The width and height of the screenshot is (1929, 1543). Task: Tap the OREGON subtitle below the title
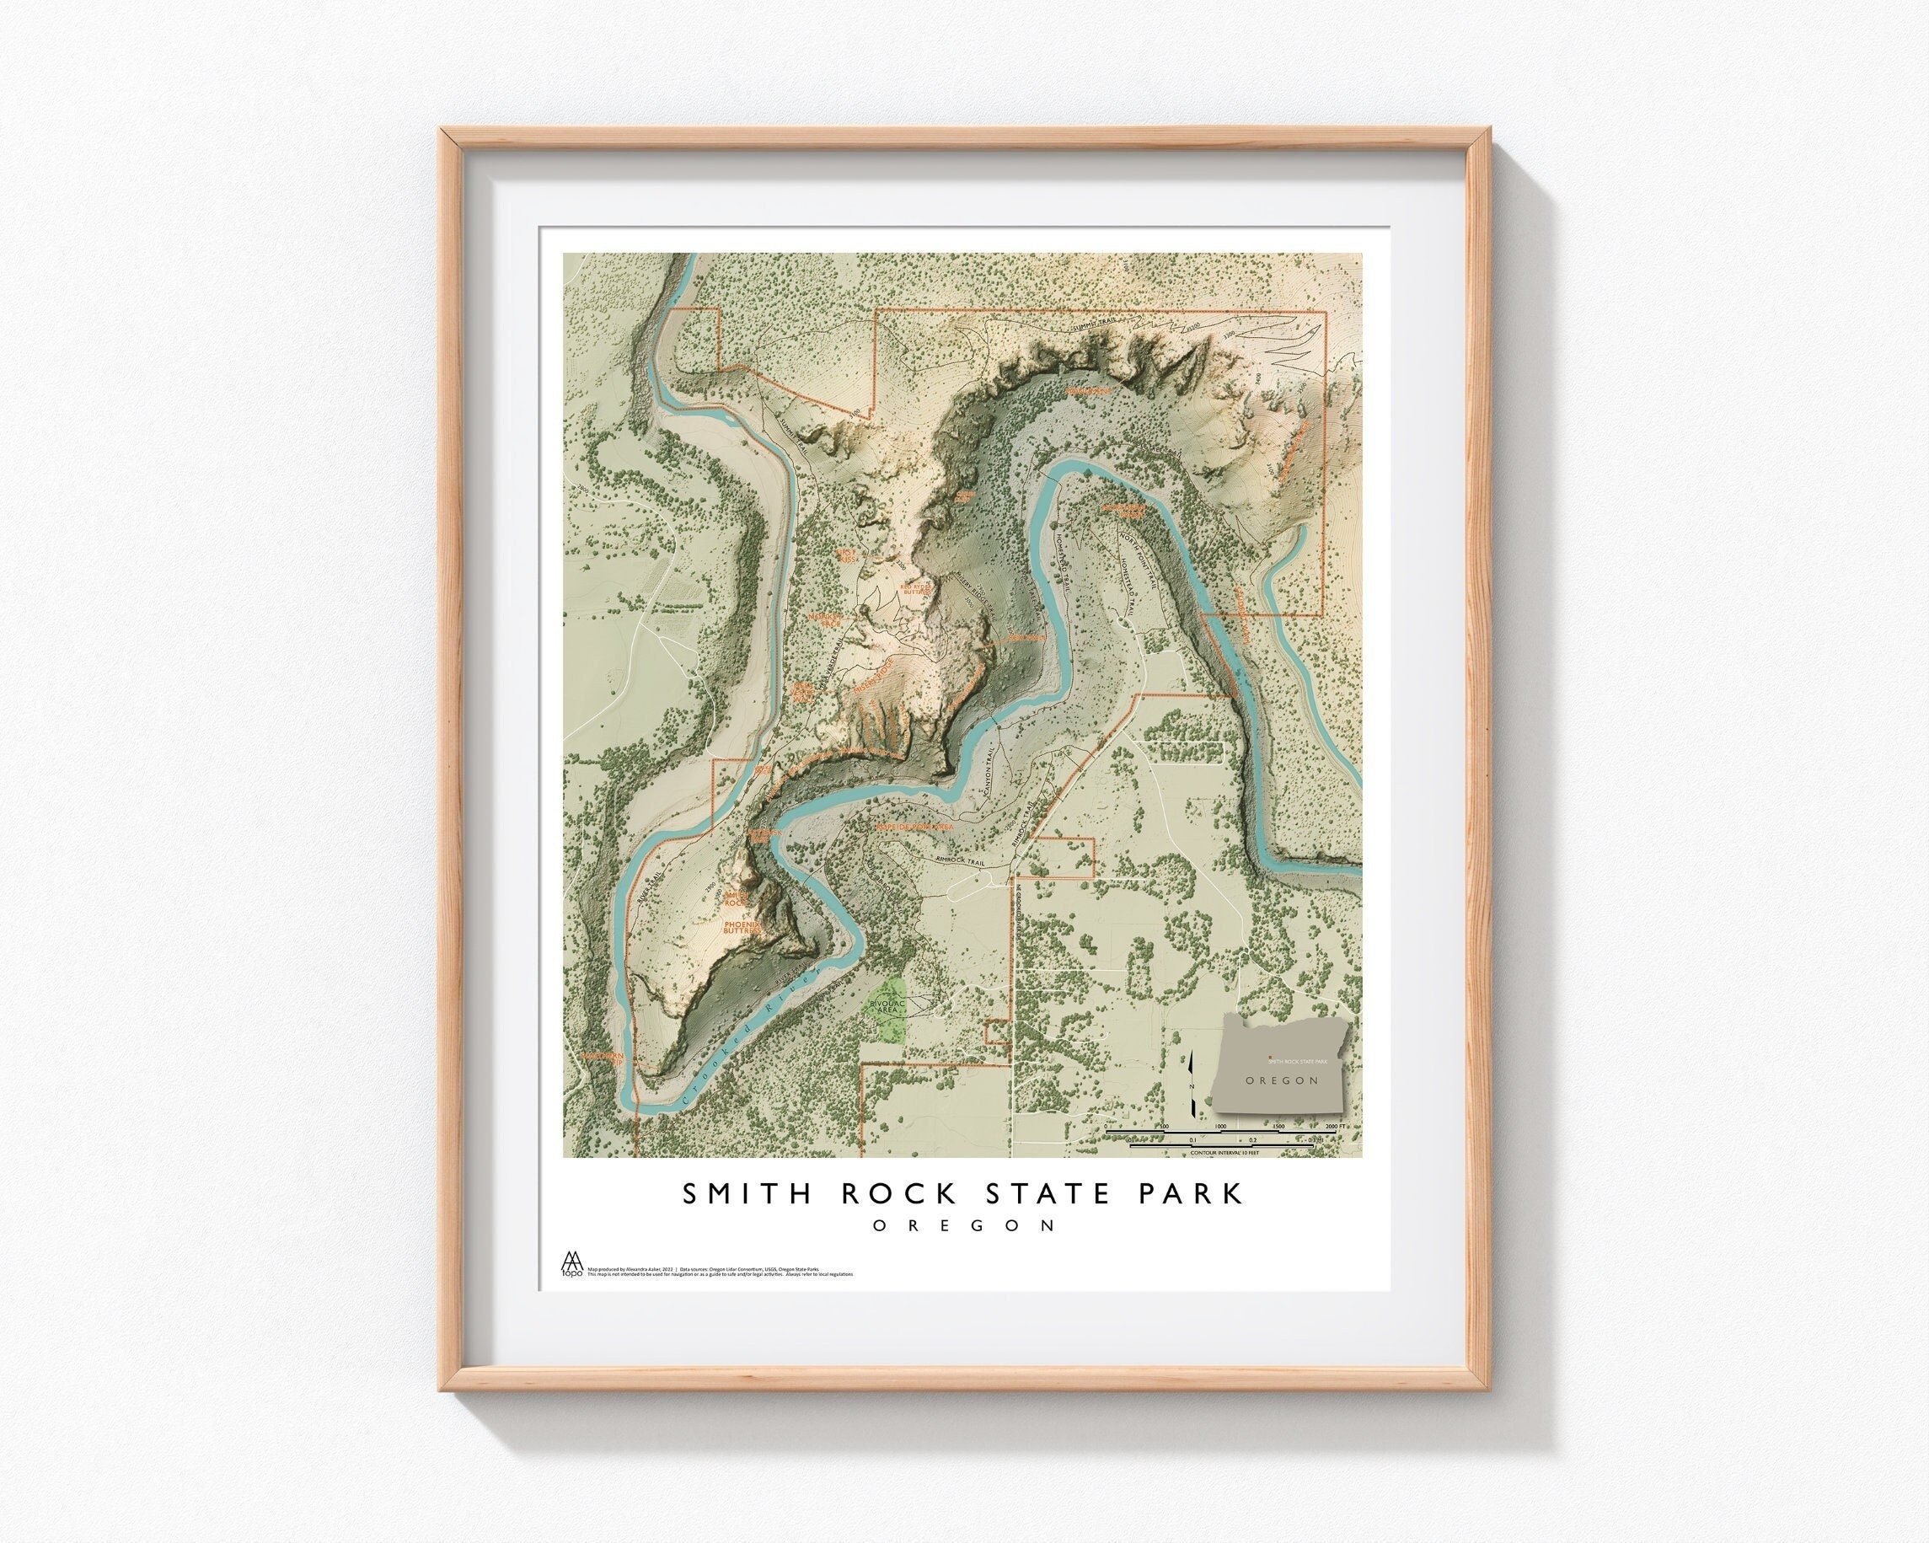(963, 1225)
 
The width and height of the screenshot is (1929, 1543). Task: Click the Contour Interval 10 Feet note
(1224, 1153)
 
